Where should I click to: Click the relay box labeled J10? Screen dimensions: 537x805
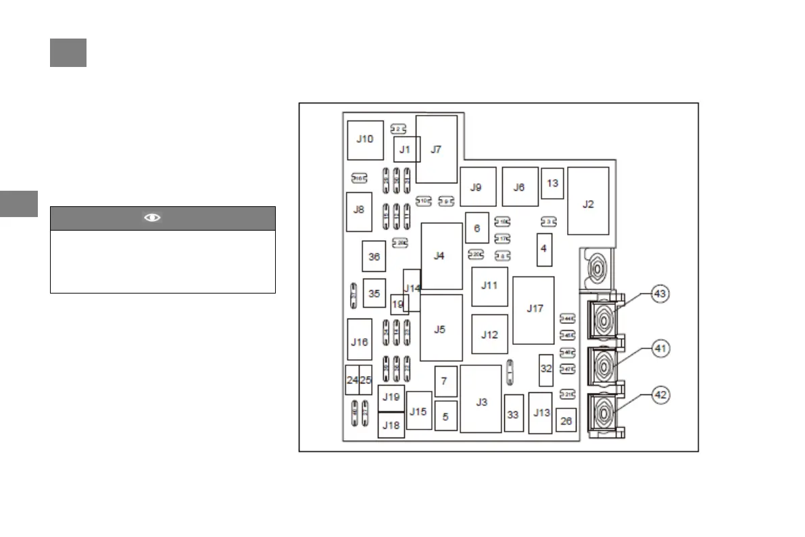pyautogui.click(x=365, y=140)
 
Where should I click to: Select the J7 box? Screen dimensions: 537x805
pyautogui.click(x=436, y=149)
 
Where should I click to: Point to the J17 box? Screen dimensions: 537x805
pyautogui.click(x=534, y=310)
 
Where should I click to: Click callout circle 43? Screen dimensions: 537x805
pyautogui.click(x=660, y=294)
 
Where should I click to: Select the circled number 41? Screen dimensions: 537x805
pyautogui.click(x=660, y=349)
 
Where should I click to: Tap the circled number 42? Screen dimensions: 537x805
pyautogui.click(x=660, y=394)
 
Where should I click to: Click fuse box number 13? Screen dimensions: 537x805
pyautogui.click(x=552, y=183)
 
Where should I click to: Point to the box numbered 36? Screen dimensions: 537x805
pyautogui.click(x=374, y=256)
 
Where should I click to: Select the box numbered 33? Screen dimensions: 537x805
pyautogui.click(x=514, y=413)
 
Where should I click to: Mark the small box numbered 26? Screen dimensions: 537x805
pyautogui.click(x=566, y=421)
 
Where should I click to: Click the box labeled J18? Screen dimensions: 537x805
pyautogui.click(x=391, y=425)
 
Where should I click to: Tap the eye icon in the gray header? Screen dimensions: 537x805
pyautogui.click(x=153, y=218)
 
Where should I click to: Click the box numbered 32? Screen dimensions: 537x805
pyautogui.click(x=546, y=369)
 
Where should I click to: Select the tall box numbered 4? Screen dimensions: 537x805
pyautogui.click(x=543, y=249)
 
